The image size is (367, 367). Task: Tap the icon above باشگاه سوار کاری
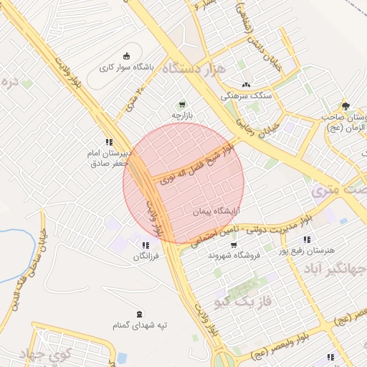128,57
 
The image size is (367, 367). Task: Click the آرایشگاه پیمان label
216,212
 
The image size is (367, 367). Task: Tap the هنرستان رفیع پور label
309,251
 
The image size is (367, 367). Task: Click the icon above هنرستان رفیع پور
307,239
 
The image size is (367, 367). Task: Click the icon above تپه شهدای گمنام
138,313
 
